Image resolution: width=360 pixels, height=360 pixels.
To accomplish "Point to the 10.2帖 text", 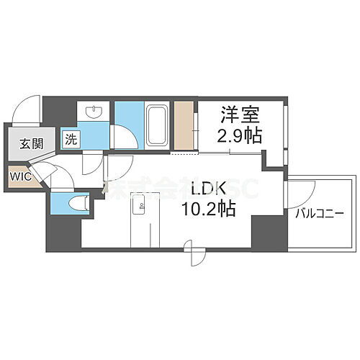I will coord(208,210).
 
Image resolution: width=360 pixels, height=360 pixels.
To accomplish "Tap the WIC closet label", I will coord(19,175).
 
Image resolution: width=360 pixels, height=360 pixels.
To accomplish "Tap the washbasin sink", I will coord(94,112).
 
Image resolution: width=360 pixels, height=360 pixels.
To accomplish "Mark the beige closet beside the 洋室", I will coord(184,126).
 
